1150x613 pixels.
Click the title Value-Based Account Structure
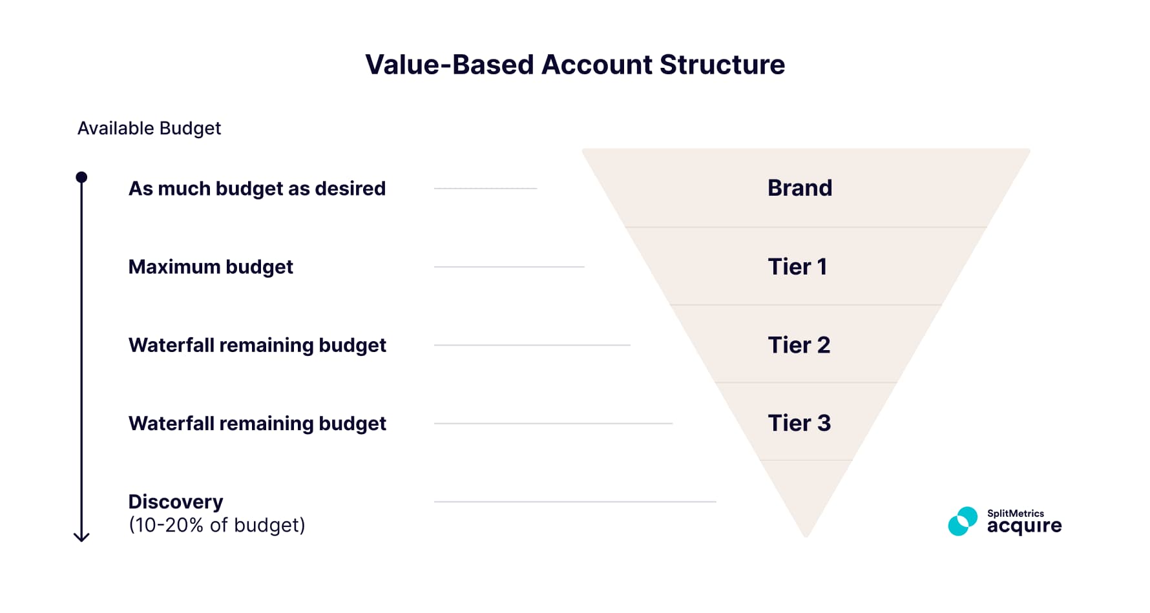pos(574,65)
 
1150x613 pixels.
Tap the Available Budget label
pos(149,128)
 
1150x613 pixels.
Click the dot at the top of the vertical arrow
pos(81,177)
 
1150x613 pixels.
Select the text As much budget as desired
pos(256,189)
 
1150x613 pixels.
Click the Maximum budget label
pos(211,267)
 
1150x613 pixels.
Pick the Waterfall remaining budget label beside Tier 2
pos(257,345)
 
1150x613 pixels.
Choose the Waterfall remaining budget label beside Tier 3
pos(257,423)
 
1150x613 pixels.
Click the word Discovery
pos(176,502)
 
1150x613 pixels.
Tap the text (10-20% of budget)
pos(216,525)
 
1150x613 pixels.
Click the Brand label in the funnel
pos(799,188)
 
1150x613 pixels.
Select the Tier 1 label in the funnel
pos(797,267)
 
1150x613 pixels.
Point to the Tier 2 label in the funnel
pos(799,345)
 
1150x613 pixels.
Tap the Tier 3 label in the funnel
pos(799,423)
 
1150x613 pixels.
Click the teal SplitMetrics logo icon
pos(962,521)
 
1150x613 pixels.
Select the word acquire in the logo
pos(1024,526)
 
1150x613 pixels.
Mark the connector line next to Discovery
pos(575,501)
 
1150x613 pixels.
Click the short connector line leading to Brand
pos(485,189)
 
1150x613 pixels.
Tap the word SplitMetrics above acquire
pos(1015,514)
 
